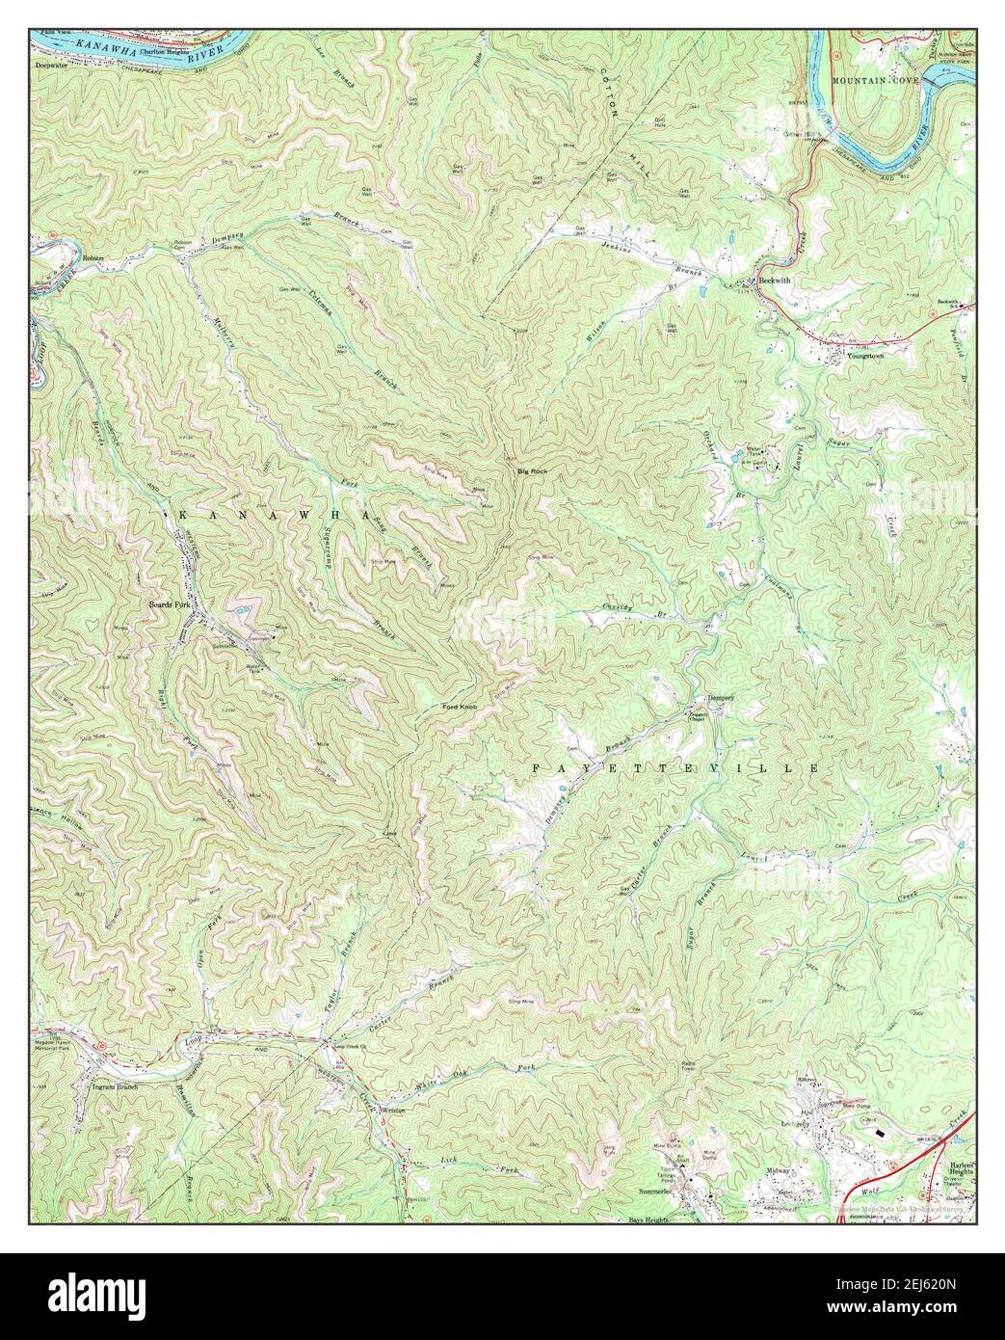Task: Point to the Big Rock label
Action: [532, 470]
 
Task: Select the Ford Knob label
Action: [461, 709]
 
